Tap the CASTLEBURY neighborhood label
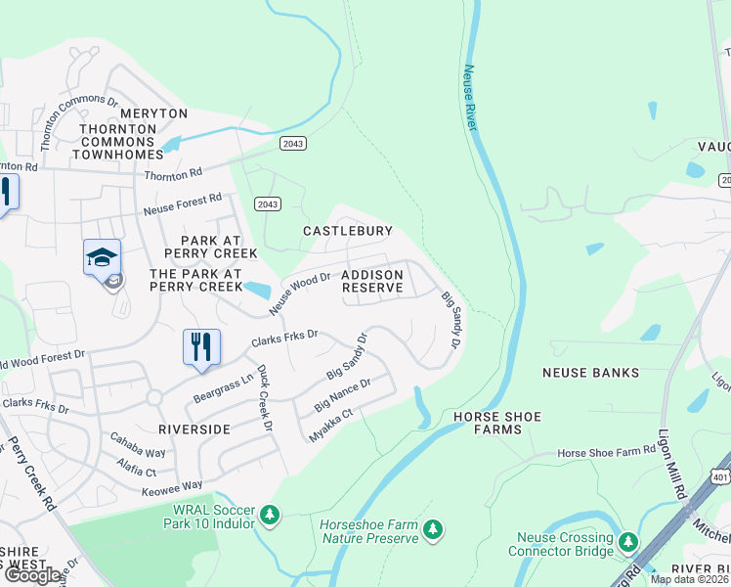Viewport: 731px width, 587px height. click(348, 231)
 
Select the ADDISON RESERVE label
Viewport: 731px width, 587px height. click(372, 282)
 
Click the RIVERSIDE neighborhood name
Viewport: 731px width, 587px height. click(194, 429)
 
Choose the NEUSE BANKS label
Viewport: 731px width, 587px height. click(591, 373)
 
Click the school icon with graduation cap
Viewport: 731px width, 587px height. click(102, 257)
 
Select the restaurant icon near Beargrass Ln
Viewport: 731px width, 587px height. click(200, 347)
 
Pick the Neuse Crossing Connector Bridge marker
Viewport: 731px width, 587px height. click(628, 541)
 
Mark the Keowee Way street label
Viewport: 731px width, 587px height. click(173, 485)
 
